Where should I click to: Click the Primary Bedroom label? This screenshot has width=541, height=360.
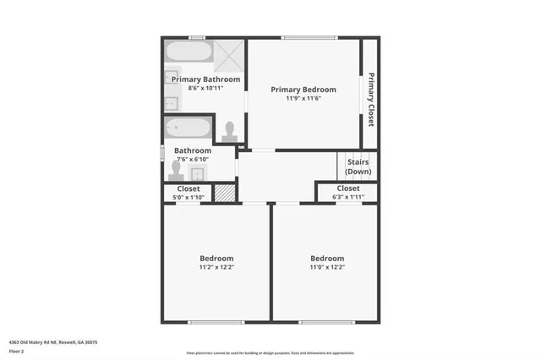[303, 90]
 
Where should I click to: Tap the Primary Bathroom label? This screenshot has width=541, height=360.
[205, 79]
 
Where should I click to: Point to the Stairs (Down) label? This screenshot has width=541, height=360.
[358, 166]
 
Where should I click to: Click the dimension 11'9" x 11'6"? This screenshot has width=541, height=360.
[303, 98]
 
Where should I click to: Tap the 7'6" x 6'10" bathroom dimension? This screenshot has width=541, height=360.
[193, 159]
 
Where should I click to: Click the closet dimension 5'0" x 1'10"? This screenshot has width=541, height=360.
[189, 197]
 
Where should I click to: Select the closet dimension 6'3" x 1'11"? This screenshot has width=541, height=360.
[347, 197]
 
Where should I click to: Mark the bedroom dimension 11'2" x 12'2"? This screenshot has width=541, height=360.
[216, 267]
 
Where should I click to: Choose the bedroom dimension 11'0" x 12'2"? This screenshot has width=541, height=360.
[327, 267]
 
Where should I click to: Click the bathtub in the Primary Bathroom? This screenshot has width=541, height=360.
[189, 52]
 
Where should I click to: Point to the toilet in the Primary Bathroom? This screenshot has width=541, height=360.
[230, 131]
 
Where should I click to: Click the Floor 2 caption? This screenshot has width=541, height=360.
[18, 351]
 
